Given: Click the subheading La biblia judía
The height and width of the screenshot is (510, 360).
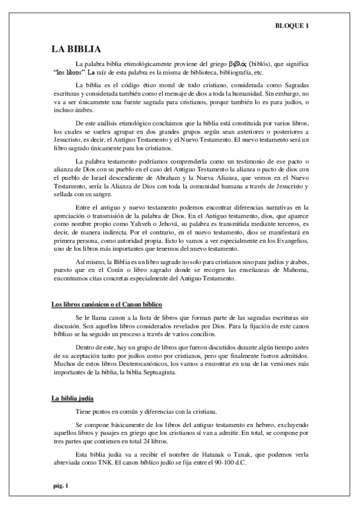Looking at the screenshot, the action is pos(72,399).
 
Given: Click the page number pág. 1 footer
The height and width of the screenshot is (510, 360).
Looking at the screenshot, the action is pos(59,486).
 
